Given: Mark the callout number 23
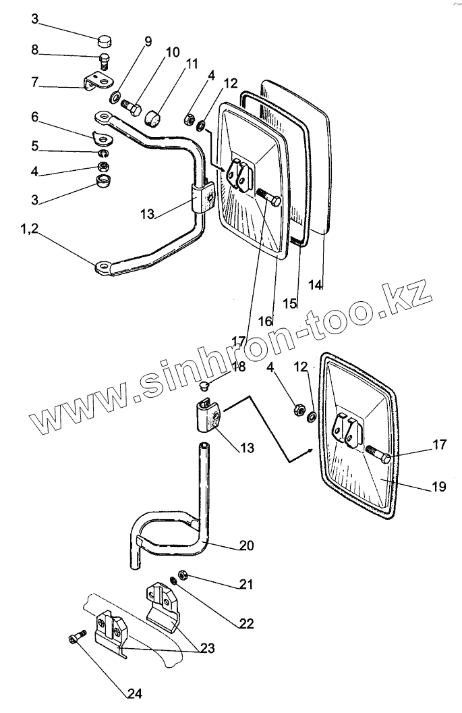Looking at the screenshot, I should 206,649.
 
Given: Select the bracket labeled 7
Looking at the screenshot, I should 95,84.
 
